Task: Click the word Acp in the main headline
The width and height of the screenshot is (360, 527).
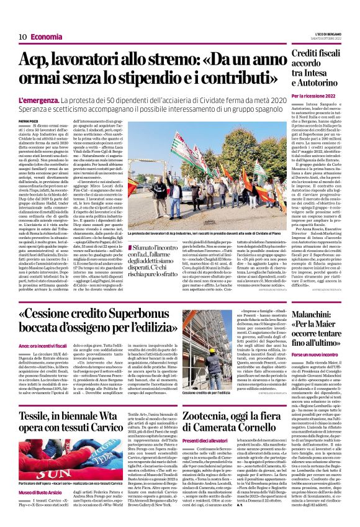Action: tap(36, 60)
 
